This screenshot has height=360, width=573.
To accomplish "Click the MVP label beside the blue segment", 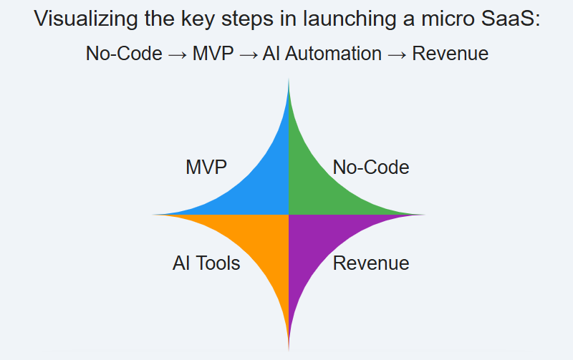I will pyautogui.click(x=206, y=167).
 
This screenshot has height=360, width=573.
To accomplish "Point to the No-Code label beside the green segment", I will pyautogui.click(x=371, y=167).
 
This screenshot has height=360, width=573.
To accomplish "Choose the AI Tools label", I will pyautogui.click(x=206, y=263).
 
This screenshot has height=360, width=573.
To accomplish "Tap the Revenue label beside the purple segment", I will pyautogui.click(x=371, y=263).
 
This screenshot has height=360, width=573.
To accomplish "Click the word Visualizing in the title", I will pyautogui.click(x=78, y=19).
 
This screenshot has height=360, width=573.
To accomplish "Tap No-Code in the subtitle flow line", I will pyautogui.click(x=124, y=54).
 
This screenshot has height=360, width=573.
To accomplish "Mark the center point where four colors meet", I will pyautogui.click(x=289, y=214).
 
